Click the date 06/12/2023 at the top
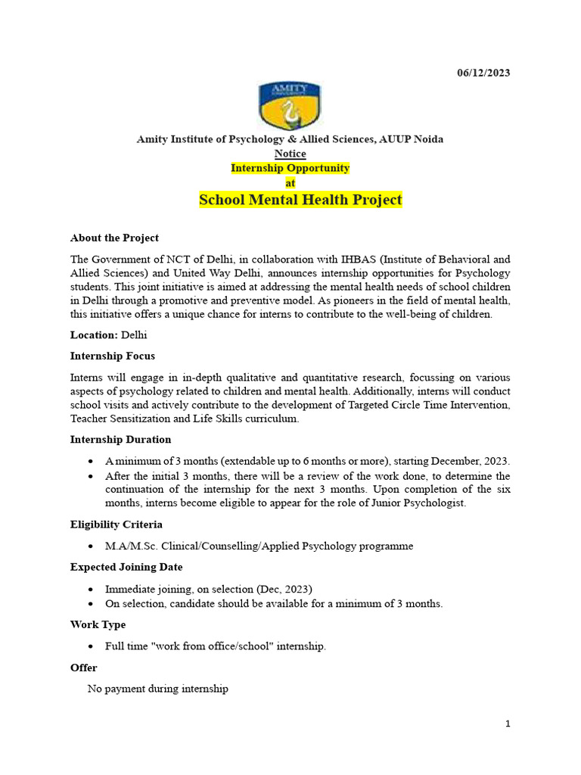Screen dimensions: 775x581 pos(483,73)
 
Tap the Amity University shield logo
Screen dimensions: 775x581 pos(290,106)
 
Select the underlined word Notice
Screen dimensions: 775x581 pos(290,154)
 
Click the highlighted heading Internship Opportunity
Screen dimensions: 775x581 pos(290,168)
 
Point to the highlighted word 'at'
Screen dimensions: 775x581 pos(290,183)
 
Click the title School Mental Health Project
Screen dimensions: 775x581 pos(300,201)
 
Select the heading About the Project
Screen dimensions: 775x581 pos(114,238)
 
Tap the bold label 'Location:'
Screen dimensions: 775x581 pos(94,335)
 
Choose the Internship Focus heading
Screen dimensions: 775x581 pos(113,356)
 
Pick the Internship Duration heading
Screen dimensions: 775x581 pos(121,439)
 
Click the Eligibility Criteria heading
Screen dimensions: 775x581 pos(117,524)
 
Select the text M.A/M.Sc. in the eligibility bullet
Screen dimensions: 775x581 pos(130,546)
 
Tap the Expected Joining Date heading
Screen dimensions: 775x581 pos(126,567)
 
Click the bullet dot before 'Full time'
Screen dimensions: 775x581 pos(92,646)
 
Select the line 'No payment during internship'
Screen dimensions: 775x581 pos(158,689)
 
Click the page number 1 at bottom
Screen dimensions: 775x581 pos(508,724)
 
